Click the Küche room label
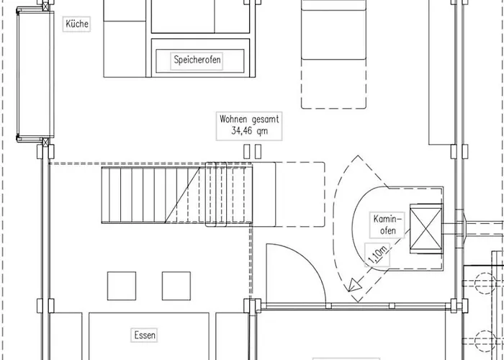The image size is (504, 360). (x=77, y=24)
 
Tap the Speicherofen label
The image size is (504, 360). (x=197, y=60)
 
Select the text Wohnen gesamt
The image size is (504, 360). (x=249, y=120)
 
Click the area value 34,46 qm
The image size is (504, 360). (x=249, y=131)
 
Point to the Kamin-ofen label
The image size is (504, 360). (x=387, y=225)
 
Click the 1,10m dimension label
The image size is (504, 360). (x=377, y=255)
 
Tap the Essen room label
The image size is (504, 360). (x=145, y=336)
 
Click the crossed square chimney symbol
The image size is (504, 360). (x=426, y=228)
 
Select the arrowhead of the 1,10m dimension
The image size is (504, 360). (x=354, y=285)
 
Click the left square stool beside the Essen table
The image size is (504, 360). (x=122, y=286)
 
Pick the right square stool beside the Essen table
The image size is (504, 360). (x=176, y=286)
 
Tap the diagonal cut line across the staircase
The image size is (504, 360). (x=182, y=195)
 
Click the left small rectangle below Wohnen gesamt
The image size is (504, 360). (x=246, y=151)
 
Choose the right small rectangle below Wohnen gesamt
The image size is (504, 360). (x=258, y=151)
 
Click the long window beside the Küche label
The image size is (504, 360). (x=35, y=74)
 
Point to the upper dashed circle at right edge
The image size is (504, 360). (x=485, y=283)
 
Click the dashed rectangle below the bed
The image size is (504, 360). (x=333, y=84)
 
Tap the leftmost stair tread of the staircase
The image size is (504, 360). (x=105, y=195)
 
